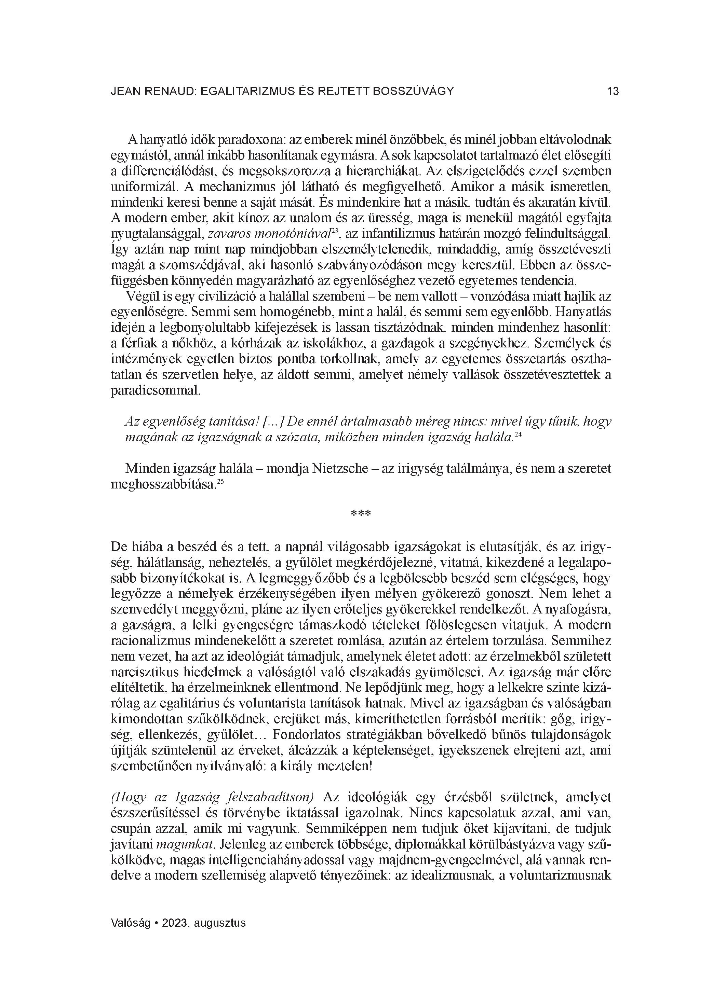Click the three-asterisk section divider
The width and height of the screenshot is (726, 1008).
tap(361, 514)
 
